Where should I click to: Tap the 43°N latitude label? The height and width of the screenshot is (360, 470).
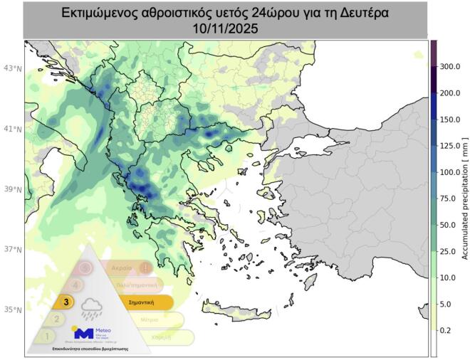12,68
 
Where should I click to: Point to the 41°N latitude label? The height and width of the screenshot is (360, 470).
12,129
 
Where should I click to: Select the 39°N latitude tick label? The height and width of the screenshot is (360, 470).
12,189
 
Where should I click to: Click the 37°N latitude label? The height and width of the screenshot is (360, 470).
12,250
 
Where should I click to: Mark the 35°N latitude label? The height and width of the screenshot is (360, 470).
12,310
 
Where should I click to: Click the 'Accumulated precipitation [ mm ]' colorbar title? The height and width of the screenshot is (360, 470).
465,198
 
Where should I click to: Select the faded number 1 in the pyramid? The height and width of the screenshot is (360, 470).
47,335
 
